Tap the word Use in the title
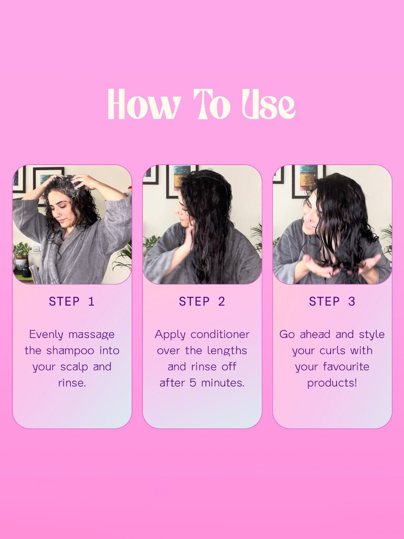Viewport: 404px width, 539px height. pyautogui.click(x=269, y=104)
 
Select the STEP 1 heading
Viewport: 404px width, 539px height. pyautogui.click(x=72, y=301)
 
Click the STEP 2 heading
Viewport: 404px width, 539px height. pyautogui.click(x=202, y=301)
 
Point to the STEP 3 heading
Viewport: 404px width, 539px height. pyautogui.click(x=332, y=301)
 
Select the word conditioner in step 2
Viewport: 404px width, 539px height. pyautogui.click(x=220, y=334)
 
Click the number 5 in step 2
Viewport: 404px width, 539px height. pyautogui.click(x=193, y=383)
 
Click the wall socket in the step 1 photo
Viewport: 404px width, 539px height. pyautogui.click(x=36, y=248)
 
